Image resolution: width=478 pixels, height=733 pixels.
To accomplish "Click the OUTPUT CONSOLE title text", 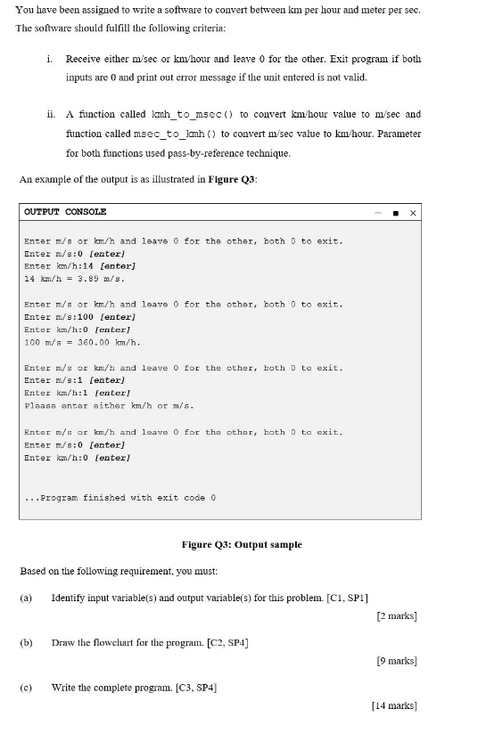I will (x=65, y=212).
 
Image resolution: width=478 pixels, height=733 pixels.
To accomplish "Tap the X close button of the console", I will (x=413, y=213).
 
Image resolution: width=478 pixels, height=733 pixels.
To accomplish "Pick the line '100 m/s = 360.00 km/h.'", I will (x=82, y=342).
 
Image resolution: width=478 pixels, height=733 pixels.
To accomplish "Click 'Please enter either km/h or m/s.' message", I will (x=110, y=405).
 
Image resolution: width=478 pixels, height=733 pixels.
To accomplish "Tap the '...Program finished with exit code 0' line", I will (x=120, y=497).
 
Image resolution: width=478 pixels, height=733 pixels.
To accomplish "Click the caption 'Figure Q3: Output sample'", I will (x=242, y=544).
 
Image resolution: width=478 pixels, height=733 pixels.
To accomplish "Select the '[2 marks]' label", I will (x=397, y=615).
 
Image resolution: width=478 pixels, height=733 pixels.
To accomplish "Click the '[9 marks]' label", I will (x=397, y=661).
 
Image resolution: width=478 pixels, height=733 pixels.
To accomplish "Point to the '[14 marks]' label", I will (x=394, y=705).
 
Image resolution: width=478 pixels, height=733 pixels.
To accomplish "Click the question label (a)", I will (x=26, y=597).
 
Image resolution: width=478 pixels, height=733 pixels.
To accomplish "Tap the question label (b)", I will (x=26, y=641).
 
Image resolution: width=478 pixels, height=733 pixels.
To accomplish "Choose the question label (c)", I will (x=26, y=687).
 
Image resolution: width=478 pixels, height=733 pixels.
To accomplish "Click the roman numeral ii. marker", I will (x=51, y=115).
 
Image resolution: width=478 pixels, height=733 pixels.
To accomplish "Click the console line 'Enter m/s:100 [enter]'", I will (x=79, y=317).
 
